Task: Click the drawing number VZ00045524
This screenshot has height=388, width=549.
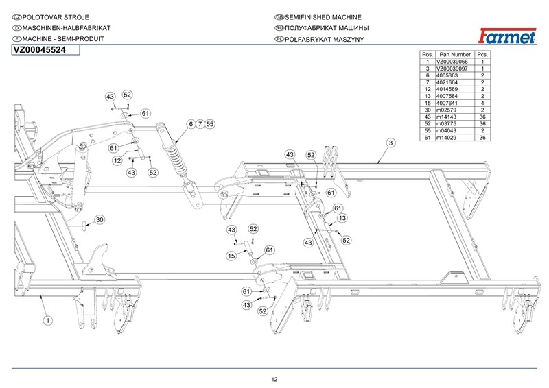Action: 40,50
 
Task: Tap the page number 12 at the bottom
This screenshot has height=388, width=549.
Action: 274,380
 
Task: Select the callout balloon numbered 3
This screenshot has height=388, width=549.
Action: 390,143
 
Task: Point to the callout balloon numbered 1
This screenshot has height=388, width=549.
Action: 48,319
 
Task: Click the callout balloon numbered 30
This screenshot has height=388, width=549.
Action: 100,220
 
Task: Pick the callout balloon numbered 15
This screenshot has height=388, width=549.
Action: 232,256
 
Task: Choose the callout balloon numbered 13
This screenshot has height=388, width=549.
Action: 342,218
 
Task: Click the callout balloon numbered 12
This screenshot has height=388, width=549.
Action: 117,160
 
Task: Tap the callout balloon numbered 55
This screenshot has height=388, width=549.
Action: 210,125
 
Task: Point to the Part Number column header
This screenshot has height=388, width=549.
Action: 455,54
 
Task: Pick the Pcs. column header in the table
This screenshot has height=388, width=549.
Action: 483,54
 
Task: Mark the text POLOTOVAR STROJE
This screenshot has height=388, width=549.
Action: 51,16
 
